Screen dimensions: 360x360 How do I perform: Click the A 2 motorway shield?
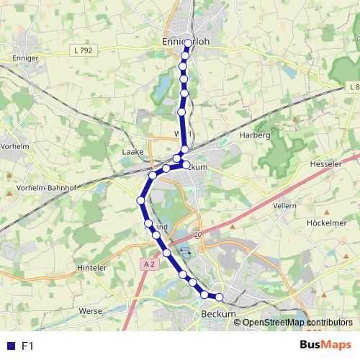[149, 264]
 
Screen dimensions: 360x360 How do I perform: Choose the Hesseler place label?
[326, 163]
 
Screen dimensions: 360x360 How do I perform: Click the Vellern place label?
[284, 205]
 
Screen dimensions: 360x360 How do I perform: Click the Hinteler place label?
[91, 267]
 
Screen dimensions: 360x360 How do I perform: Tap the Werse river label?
[90, 310]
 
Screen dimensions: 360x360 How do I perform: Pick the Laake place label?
[132, 152]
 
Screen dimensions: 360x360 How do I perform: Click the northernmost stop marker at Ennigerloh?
[188, 43]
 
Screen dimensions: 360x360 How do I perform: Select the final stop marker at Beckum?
[220, 296]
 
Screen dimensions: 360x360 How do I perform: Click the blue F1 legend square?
[9, 346]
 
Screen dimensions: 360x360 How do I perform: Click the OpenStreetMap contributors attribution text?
[297, 323]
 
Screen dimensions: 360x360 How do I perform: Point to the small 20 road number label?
[199, 235]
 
